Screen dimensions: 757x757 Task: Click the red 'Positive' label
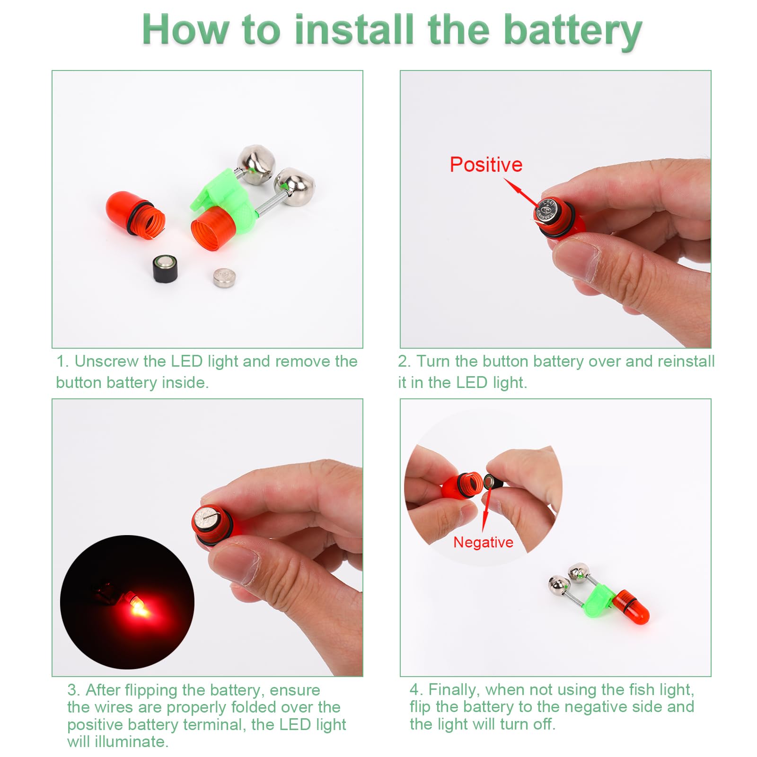point(486,165)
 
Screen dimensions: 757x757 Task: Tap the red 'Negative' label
point(483,542)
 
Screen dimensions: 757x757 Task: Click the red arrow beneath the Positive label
point(522,193)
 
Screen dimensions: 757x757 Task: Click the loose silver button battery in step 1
point(224,278)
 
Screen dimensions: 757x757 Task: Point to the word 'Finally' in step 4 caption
point(454,690)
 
